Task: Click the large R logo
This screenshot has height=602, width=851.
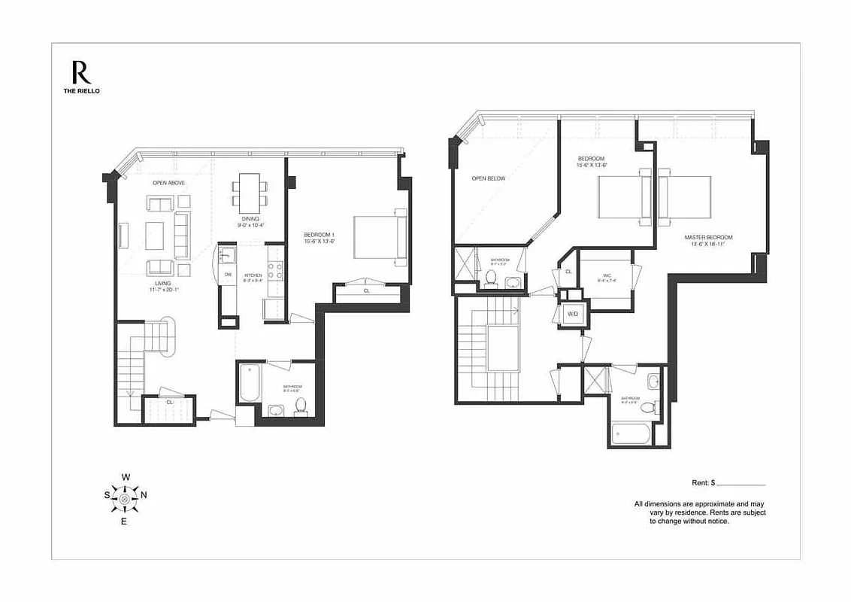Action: click(81, 72)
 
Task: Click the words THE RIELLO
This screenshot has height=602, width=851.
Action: click(81, 91)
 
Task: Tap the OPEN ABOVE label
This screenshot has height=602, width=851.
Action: click(168, 183)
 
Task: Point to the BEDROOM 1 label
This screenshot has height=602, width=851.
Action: click(320, 234)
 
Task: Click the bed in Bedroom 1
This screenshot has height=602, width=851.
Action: click(380, 236)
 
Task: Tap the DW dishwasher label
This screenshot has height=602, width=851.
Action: click(228, 275)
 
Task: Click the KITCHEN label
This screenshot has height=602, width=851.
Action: click(253, 275)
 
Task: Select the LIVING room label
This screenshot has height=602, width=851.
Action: click(162, 284)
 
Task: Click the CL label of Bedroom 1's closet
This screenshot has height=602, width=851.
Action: click(366, 290)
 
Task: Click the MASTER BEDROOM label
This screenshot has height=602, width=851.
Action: click(707, 238)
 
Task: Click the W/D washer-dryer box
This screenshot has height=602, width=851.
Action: click(572, 313)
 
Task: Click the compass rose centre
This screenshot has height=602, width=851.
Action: click(124, 496)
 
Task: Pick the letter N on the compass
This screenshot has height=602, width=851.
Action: click(144, 495)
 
